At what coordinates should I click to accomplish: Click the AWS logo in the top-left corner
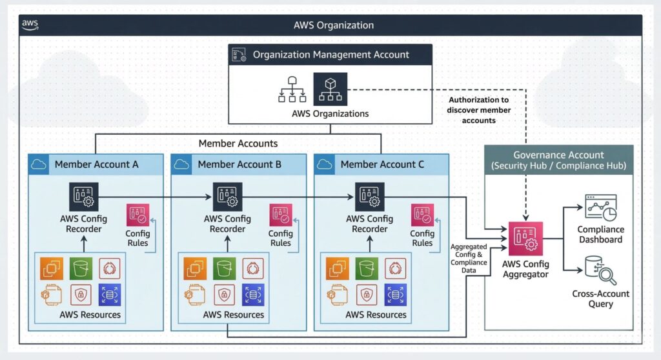click(x=30, y=25)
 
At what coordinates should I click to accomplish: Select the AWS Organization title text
click(x=333, y=25)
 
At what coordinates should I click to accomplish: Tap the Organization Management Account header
click(x=330, y=55)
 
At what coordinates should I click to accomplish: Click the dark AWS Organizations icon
click(x=330, y=88)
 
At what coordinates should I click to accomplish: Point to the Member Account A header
click(x=96, y=165)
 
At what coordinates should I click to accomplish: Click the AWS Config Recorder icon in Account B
click(x=227, y=197)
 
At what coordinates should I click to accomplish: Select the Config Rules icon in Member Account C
click(x=422, y=215)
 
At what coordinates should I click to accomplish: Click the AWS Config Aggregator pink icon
click(x=525, y=239)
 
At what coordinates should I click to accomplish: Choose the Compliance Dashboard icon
click(x=600, y=206)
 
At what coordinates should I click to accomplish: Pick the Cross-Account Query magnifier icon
click(x=600, y=270)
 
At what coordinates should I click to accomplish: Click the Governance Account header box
click(x=558, y=160)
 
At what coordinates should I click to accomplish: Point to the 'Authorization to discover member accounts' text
click(x=478, y=110)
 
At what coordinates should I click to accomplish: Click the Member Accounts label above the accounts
click(x=238, y=143)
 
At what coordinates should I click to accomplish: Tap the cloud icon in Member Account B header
click(x=182, y=165)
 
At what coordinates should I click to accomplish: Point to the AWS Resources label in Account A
click(x=90, y=315)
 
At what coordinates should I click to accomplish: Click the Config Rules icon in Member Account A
click(x=137, y=215)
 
